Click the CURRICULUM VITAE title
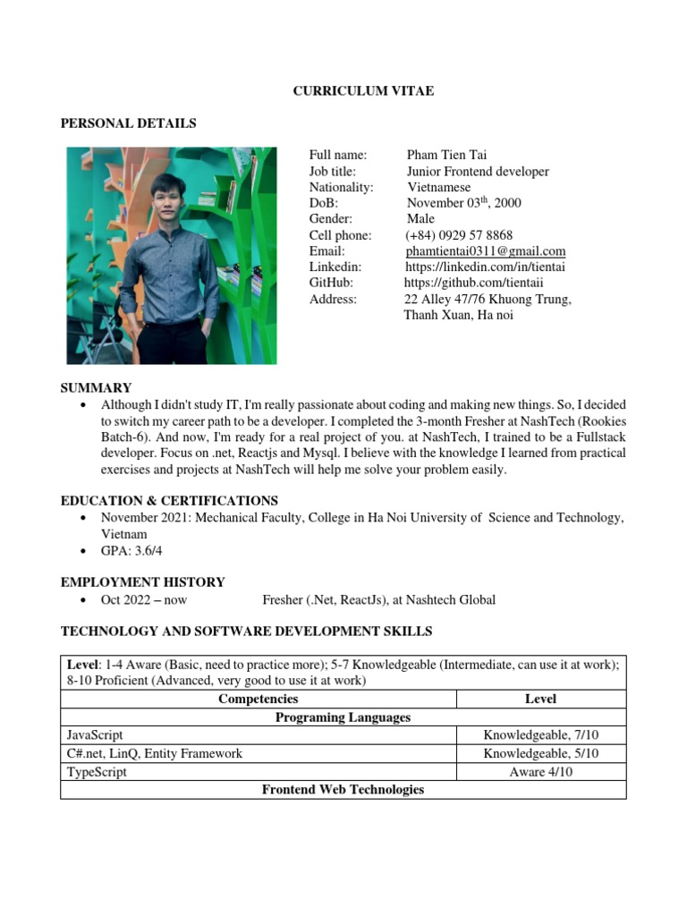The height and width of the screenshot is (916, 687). pos(363,91)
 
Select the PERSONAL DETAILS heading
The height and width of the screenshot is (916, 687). pos(128,123)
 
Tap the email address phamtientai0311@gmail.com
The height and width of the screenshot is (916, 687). pos(485,251)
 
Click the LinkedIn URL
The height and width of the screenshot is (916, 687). pos(485,267)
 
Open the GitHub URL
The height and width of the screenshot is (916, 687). pos(479,284)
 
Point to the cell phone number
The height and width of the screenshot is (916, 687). pos(458,235)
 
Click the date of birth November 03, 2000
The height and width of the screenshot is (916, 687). pos(463,203)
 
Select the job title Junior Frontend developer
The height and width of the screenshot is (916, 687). pos(478,171)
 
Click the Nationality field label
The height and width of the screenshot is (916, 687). pos(341,187)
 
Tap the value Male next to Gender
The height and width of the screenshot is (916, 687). pos(420,219)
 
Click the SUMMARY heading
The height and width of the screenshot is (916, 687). pos(96,387)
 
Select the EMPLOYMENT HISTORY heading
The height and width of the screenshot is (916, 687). pos(142,581)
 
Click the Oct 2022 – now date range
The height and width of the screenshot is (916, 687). pos(144,600)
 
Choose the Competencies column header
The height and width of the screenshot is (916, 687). pos(258,699)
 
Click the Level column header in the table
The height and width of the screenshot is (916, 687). pos(540,699)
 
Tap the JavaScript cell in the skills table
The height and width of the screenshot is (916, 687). pos(95,735)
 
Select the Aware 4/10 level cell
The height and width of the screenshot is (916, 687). pos(540,772)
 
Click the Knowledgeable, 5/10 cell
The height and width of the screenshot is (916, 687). pos(540,753)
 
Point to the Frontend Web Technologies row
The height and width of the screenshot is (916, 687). pos(343,790)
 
